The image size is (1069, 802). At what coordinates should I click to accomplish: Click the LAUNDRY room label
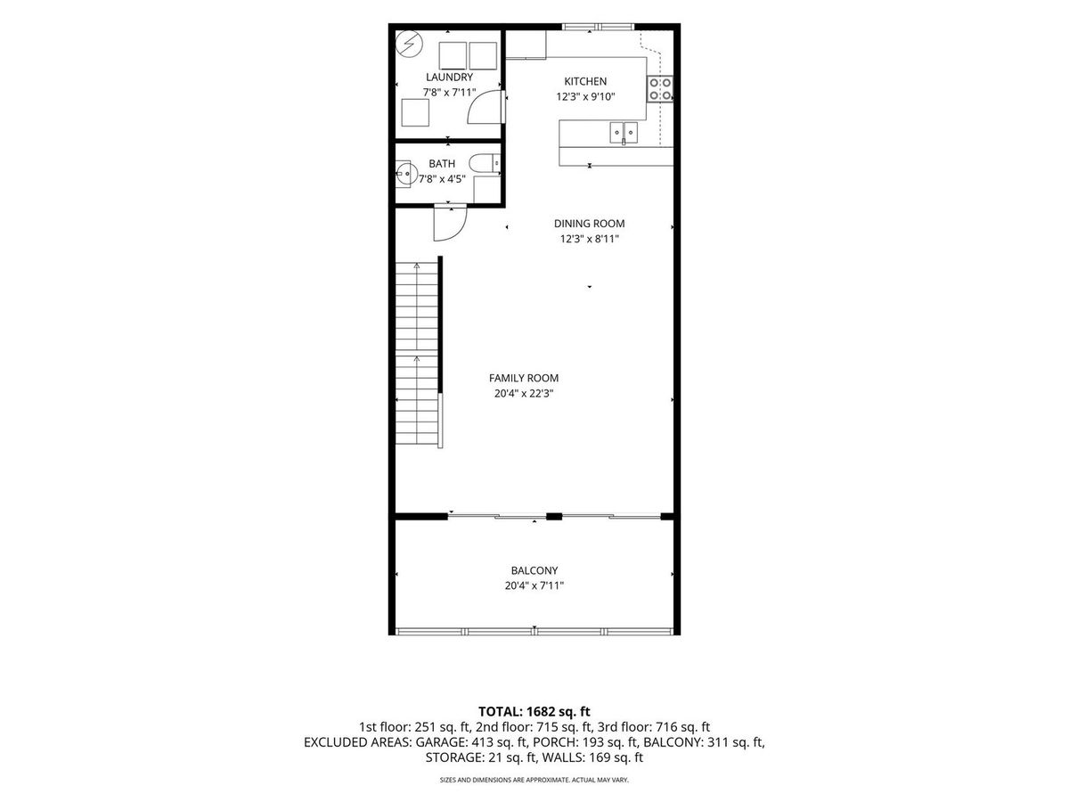click(449, 77)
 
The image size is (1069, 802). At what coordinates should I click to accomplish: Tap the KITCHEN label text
click(585, 81)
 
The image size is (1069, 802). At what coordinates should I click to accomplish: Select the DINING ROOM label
click(589, 224)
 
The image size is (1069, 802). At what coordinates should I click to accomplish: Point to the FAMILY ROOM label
click(524, 378)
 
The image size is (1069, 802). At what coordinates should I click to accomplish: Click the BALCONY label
click(534, 570)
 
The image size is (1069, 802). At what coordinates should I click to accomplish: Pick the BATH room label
click(442, 164)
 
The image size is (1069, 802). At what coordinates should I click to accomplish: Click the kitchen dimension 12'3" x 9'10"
click(585, 96)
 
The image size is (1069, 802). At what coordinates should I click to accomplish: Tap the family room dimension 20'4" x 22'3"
click(524, 394)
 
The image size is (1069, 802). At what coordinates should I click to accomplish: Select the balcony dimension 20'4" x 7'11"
click(534, 585)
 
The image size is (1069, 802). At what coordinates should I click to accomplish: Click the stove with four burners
click(660, 89)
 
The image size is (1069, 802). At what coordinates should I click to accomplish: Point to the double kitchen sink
click(624, 133)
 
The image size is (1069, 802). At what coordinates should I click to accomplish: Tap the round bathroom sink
click(404, 173)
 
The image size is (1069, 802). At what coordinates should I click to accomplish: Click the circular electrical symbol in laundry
click(409, 45)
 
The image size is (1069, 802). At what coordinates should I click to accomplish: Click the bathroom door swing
click(451, 224)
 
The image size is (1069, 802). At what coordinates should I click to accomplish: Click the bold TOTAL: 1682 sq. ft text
click(534, 712)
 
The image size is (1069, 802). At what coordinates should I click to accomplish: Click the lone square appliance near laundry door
click(415, 113)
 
